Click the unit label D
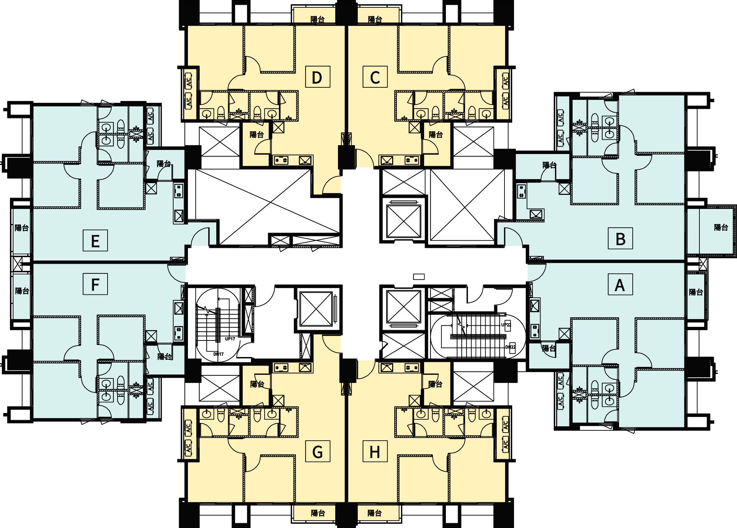(x=317, y=77)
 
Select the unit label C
(x=375, y=77)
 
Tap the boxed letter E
(x=95, y=241)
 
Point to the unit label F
(x=95, y=284)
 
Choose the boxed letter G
(x=317, y=451)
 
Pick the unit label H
(x=375, y=451)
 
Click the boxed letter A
(x=620, y=284)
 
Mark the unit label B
(x=620, y=239)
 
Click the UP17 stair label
(x=230, y=339)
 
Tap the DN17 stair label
(x=218, y=354)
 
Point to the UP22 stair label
(x=506, y=325)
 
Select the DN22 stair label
(x=510, y=347)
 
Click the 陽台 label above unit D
(x=317, y=19)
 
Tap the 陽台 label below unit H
(x=374, y=513)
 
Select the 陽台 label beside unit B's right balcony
(x=721, y=227)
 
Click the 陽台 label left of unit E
(x=22, y=228)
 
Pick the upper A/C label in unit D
(x=189, y=81)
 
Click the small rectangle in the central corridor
(x=419, y=277)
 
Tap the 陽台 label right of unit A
(x=696, y=292)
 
